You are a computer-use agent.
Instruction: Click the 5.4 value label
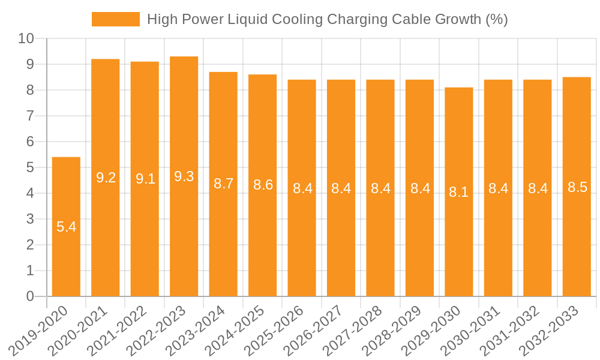[x=66, y=227]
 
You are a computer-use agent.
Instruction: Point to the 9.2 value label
[x=106, y=178]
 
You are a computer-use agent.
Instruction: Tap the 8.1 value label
[x=459, y=192]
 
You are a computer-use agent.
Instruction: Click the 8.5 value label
[x=577, y=187]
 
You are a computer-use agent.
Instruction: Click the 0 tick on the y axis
[x=30, y=296]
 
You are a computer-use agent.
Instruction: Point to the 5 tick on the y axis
[x=30, y=168]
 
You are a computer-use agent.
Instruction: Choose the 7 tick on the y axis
[x=30, y=116]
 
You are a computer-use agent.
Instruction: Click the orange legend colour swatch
[x=115, y=19]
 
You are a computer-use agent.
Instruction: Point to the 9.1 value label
[x=145, y=179]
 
